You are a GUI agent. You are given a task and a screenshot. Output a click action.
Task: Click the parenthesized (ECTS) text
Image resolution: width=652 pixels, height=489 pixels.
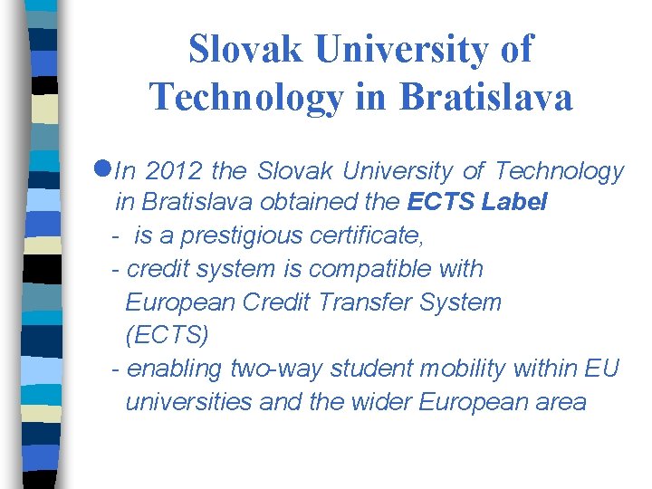167,336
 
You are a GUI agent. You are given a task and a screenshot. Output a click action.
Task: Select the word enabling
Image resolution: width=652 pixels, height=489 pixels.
175,369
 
